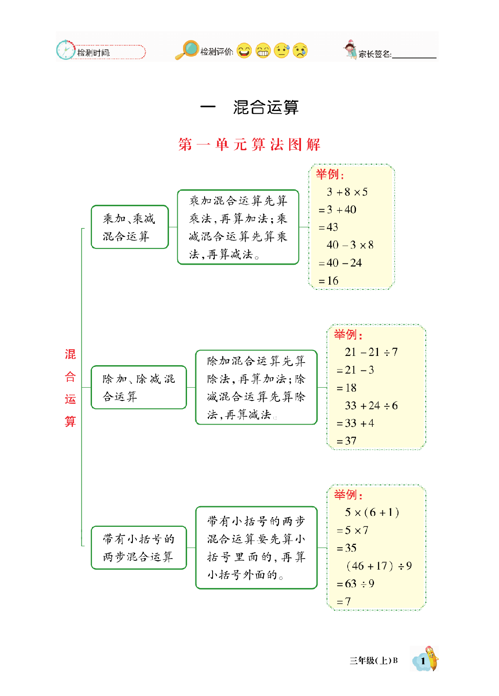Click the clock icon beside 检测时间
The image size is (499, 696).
click(66, 50)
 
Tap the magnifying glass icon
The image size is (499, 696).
click(188, 49)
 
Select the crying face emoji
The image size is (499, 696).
click(300, 51)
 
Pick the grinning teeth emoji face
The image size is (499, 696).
click(263, 51)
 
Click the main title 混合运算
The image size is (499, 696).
click(266, 107)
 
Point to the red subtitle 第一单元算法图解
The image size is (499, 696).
click(249, 144)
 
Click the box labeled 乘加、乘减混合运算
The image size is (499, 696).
click(130, 227)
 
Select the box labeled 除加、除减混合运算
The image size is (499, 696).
click(139, 388)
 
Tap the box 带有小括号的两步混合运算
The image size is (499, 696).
click(139, 548)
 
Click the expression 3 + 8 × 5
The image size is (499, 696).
click(347, 192)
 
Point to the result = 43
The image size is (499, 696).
click(328, 227)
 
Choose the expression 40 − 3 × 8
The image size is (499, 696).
click(350, 245)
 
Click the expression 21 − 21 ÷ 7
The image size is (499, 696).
click(371, 352)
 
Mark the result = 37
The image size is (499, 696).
click(346, 441)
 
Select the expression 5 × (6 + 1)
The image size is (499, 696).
click(372, 512)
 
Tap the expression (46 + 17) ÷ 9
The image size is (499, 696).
click(379, 566)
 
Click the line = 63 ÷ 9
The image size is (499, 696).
click(356, 584)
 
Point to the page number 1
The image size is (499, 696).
click(423, 660)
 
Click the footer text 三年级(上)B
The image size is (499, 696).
click(374, 660)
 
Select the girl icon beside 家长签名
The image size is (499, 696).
click(350, 49)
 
